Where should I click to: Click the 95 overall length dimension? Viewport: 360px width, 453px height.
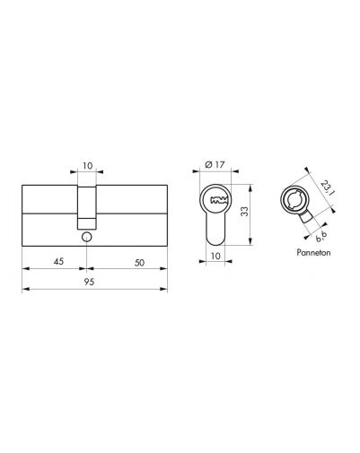coord(89,282)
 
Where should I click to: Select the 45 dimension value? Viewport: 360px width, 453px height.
coord(58,261)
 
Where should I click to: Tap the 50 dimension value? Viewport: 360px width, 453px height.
coord(139,263)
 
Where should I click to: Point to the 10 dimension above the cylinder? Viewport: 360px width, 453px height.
coord(87,165)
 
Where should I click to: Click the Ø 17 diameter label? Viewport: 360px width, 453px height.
coord(215,164)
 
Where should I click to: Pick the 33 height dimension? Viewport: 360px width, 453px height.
coord(245,212)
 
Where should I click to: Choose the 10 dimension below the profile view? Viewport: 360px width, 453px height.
coord(215,256)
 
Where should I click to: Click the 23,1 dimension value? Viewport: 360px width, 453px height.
coord(327,187)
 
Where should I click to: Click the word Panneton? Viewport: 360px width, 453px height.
coord(313,252)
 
